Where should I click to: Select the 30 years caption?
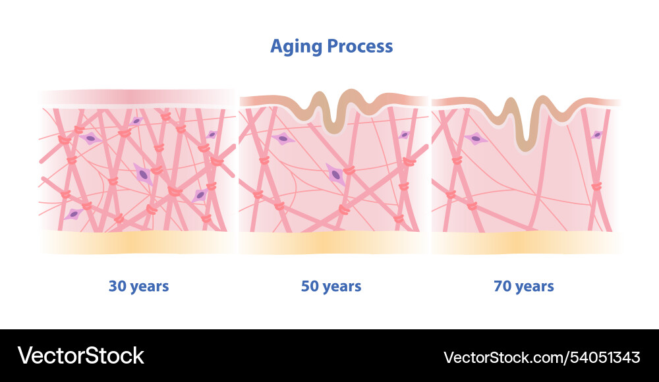pyautogui.click(x=138, y=286)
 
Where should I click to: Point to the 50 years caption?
pyautogui.click(x=331, y=286)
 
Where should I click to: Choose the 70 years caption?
pyautogui.click(x=523, y=286)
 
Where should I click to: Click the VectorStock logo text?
pyautogui.click(x=80, y=356)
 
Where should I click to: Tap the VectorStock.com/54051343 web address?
pyautogui.click(x=542, y=357)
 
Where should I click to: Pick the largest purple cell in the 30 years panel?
pyautogui.click(x=142, y=174)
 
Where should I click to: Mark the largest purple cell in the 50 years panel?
pyautogui.click(x=336, y=175)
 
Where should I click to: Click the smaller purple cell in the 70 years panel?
pyautogui.click(x=597, y=134)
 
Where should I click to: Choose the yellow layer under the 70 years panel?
pyautogui.click(x=525, y=242)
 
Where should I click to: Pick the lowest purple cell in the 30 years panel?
pyautogui.click(x=74, y=214)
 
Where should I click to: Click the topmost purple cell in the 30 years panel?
pyautogui.click(x=136, y=121)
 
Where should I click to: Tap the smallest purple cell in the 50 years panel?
pyautogui.click(x=404, y=134)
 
